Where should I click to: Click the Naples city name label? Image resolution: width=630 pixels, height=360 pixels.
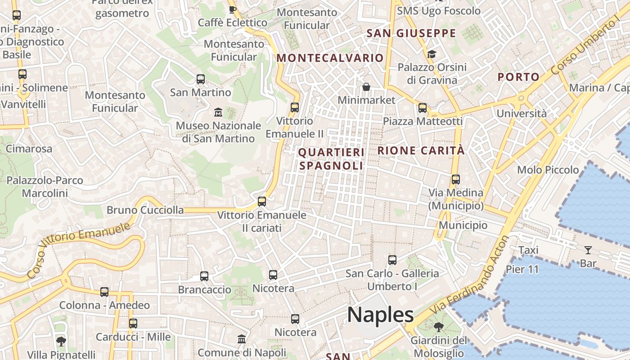(380, 315)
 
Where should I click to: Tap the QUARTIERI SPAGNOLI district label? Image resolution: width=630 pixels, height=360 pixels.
(331, 159)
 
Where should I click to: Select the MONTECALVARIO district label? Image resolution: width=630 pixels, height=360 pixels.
(330, 58)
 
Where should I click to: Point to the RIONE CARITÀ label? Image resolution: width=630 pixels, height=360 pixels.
(421, 151)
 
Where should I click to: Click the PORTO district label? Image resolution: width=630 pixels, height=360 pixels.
(518, 77)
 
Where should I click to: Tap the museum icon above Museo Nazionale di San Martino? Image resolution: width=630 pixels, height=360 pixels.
(218, 112)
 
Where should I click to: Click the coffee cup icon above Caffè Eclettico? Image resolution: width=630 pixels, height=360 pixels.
(232, 9)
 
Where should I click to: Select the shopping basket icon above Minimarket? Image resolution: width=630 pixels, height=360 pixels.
(366, 86)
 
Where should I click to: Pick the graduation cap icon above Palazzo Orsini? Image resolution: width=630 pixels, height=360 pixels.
(432, 54)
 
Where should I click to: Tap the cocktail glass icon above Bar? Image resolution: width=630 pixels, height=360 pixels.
(588, 250)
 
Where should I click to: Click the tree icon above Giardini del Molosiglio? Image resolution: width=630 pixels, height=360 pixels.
(438, 327)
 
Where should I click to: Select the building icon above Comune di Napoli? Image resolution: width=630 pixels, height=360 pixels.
(242, 339)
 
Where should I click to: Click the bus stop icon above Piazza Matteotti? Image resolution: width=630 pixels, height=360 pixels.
(422, 108)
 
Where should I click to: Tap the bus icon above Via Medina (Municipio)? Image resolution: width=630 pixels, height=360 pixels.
(455, 180)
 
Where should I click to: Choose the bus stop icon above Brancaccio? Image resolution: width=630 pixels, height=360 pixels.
(204, 276)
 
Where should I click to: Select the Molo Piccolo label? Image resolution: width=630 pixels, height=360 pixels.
(548, 170)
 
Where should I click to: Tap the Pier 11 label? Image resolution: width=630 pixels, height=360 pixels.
(522, 269)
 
